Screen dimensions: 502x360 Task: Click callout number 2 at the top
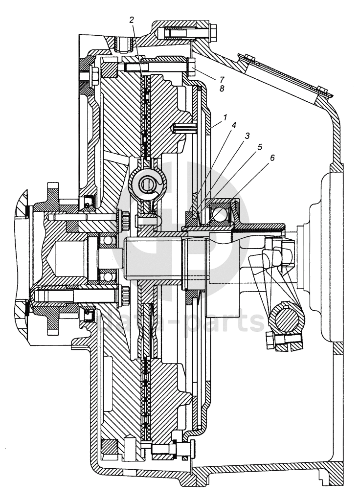(131, 20)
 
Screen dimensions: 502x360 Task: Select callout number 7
(222, 78)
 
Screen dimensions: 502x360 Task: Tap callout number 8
(222, 89)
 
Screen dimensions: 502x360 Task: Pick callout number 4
(234, 125)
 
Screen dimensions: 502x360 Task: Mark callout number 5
(259, 146)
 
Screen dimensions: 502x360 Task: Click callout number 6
(272, 158)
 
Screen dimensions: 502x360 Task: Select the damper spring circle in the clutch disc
(147, 183)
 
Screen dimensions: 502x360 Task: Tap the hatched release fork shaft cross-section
(289, 321)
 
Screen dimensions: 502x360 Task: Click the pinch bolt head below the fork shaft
(270, 341)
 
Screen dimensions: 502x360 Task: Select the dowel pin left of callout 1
(184, 128)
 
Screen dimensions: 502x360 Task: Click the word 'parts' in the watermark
(231, 322)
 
